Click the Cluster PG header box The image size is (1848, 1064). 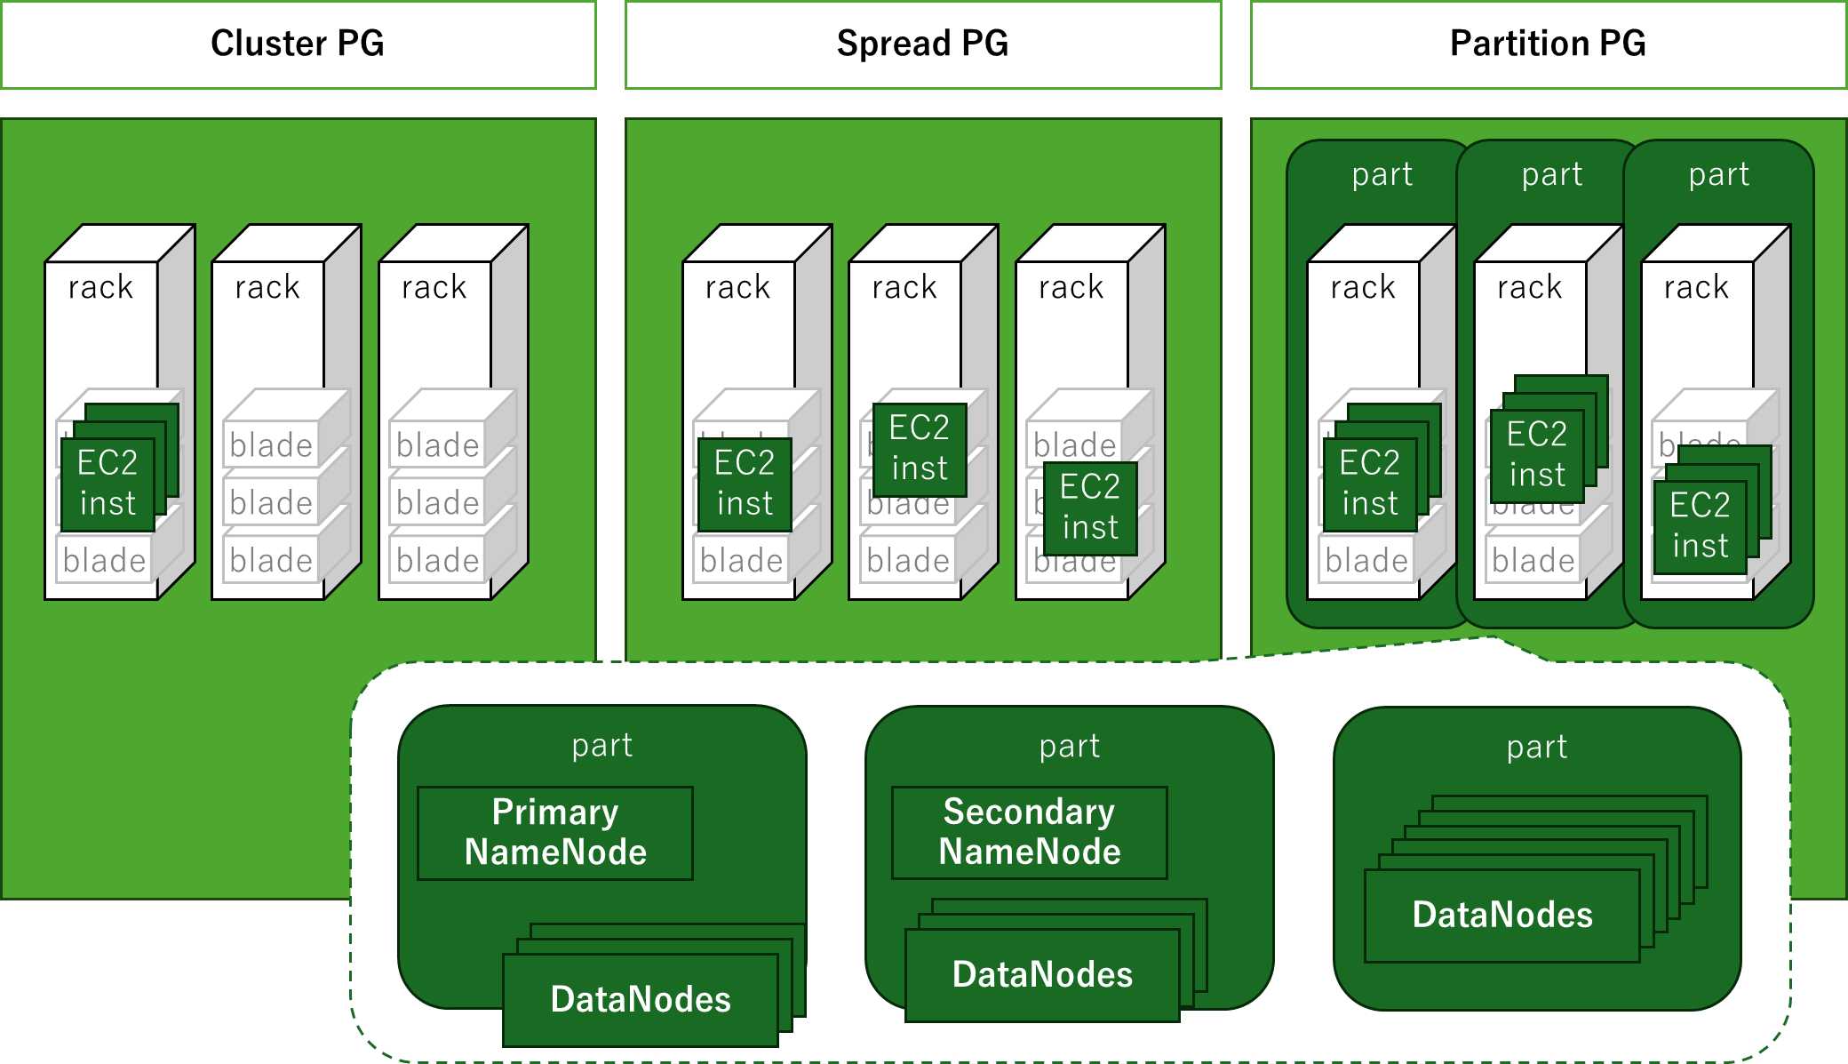click(298, 44)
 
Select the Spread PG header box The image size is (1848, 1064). click(923, 44)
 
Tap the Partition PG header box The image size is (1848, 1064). click(1548, 44)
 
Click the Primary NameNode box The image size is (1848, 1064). click(555, 833)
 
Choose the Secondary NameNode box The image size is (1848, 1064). click(1030, 833)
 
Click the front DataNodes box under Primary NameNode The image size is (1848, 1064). click(641, 1000)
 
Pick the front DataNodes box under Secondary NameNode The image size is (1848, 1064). click(1042, 975)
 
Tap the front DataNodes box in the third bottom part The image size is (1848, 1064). click(1502, 916)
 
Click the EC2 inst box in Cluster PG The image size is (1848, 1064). click(108, 484)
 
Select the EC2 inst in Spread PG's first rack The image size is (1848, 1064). click(745, 484)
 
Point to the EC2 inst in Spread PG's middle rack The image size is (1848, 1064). click(920, 449)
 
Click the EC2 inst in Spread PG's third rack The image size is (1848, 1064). click(1090, 508)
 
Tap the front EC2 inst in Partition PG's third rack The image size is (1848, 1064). click(1700, 526)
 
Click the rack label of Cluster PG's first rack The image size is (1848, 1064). click(100, 287)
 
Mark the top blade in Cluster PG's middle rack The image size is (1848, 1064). click(271, 444)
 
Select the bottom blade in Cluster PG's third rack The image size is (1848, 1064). click(438, 561)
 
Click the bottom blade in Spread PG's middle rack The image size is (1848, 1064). click(908, 561)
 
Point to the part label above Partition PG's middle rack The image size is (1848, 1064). click(1551, 174)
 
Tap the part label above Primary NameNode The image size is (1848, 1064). click(601, 745)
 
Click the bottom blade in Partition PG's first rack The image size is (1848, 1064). click(1366, 561)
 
